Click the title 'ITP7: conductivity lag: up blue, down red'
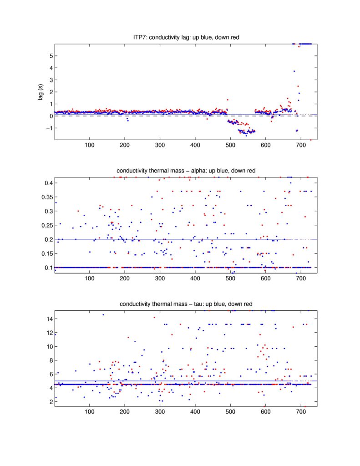(186, 37)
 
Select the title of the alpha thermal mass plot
(186, 171)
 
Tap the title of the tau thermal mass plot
(186, 304)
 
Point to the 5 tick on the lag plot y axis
(50, 56)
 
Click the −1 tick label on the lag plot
(48, 128)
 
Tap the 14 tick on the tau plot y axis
(48, 319)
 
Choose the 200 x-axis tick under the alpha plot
(125, 279)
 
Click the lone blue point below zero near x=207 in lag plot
(127, 121)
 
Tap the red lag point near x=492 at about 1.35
(227, 100)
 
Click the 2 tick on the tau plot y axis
(50, 401)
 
